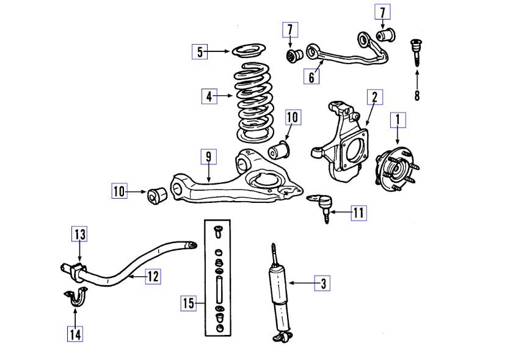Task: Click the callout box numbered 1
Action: (x=398, y=120)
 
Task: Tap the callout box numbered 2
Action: (x=374, y=97)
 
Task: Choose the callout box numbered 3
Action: (x=322, y=283)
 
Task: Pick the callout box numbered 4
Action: (x=209, y=96)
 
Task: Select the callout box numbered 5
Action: (x=199, y=51)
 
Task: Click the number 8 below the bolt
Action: (x=417, y=95)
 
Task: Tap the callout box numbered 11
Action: (x=358, y=213)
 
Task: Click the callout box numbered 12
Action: (x=153, y=277)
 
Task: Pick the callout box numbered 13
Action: (x=80, y=233)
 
